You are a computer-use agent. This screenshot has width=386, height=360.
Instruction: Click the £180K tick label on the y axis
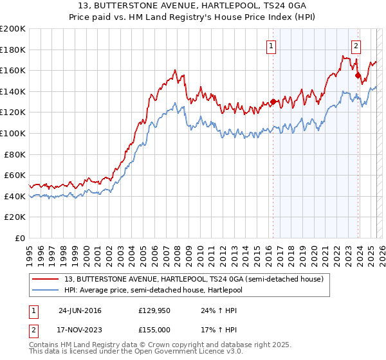[x=13, y=50]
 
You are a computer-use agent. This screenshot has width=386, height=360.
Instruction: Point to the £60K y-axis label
[x=15, y=175]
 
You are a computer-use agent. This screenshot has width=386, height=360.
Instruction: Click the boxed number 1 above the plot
[x=272, y=46]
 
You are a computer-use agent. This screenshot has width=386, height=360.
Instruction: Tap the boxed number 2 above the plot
[x=356, y=46]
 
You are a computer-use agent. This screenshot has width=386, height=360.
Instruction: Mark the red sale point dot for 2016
[x=273, y=102]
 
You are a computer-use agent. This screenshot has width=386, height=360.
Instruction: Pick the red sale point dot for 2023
[x=358, y=75]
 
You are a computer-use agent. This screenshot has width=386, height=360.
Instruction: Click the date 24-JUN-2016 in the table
[x=80, y=310]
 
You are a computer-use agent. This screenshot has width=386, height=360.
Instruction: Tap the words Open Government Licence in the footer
[x=172, y=352]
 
